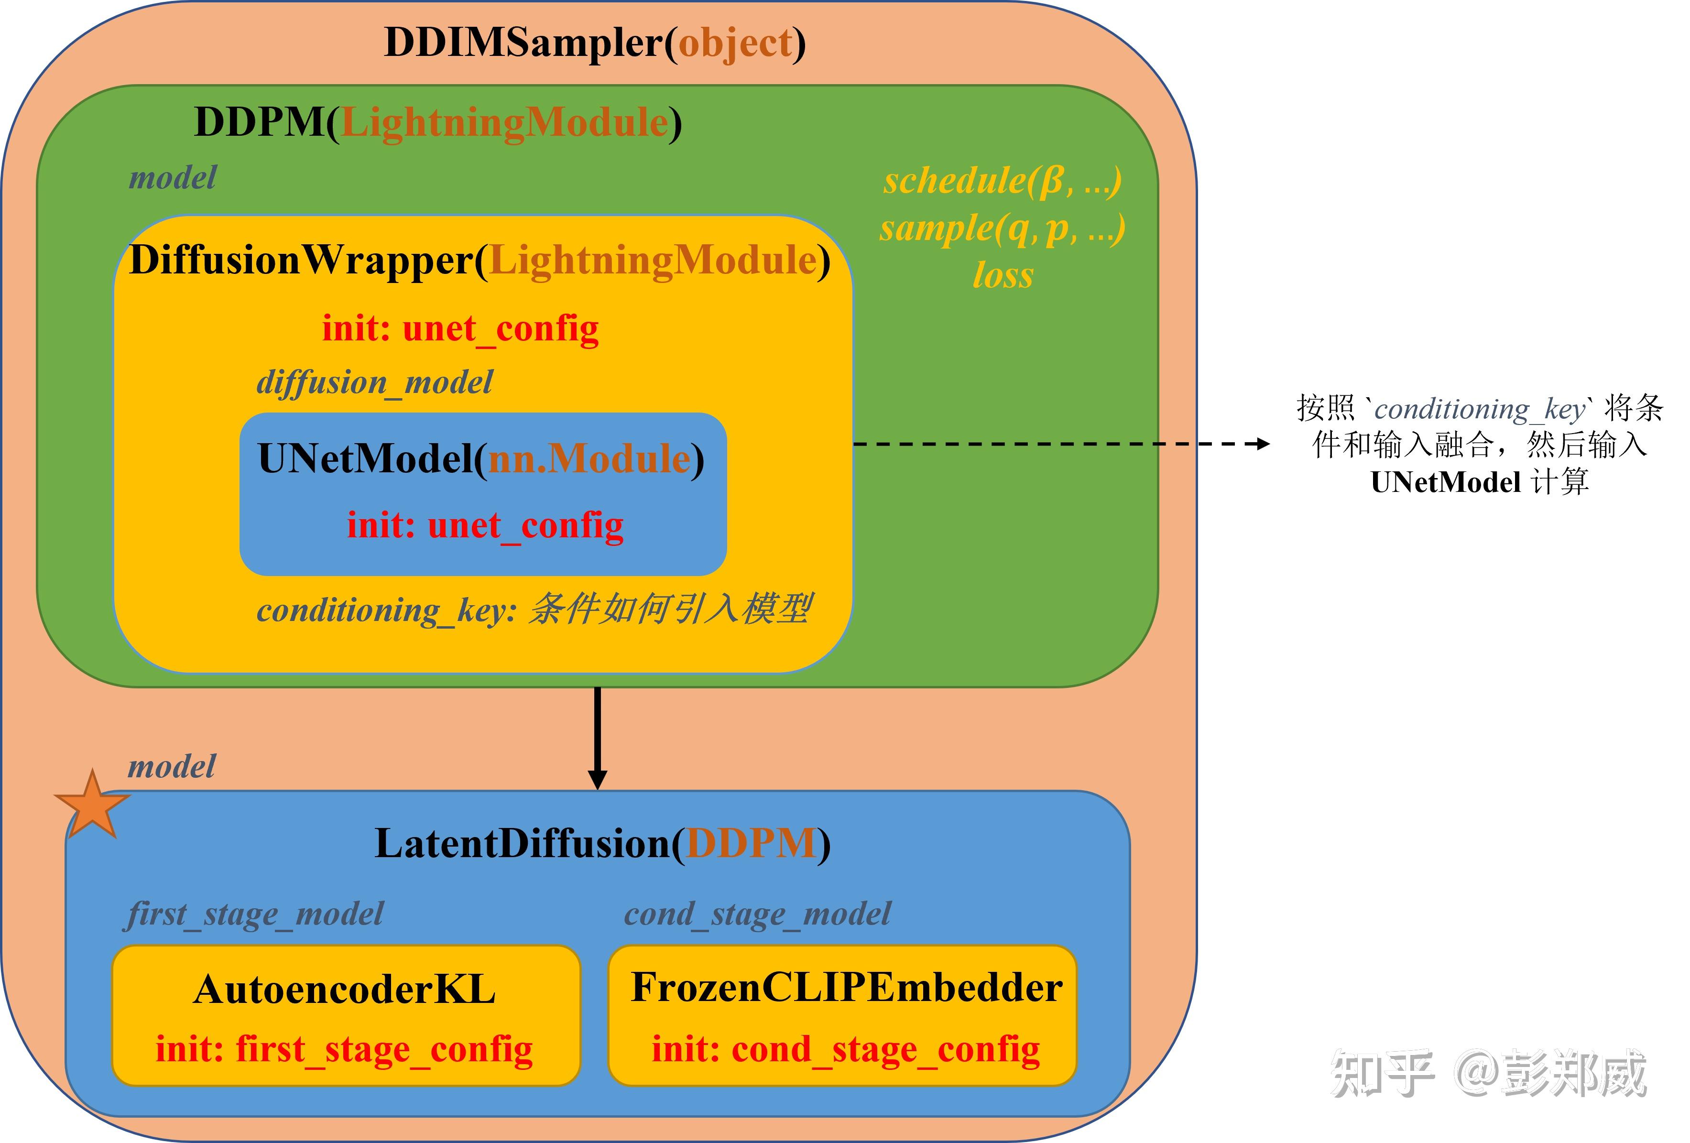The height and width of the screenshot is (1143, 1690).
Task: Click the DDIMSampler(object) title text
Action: click(x=594, y=42)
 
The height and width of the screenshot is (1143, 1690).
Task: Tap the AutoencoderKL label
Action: click(x=345, y=990)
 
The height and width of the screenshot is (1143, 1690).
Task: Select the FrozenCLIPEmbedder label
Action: click(x=846, y=988)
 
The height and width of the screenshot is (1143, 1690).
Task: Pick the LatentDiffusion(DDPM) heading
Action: click(x=602, y=843)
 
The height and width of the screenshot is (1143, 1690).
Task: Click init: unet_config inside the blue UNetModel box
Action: click(x=485, y=525)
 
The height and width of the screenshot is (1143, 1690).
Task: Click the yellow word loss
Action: click(x=1003, y=275)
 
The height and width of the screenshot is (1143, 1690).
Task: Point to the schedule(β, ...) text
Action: click(x=1002, y=180)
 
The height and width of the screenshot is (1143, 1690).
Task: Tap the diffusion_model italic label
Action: click(x=374, y=382)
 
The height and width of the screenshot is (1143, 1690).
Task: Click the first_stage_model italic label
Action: click(x=254, y=914)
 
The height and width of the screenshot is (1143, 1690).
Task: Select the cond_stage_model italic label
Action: click(x=757, y=914)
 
